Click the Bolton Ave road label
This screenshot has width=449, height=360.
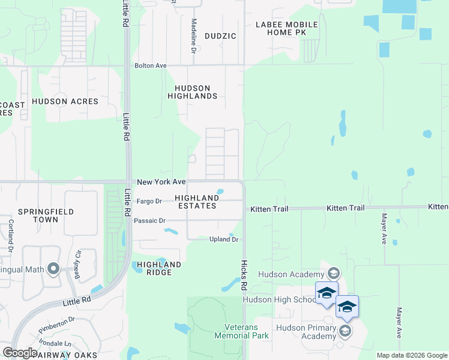click(151, 65)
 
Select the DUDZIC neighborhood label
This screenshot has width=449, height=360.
click(220, 36)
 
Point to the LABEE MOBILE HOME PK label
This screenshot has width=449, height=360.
click(286, 28)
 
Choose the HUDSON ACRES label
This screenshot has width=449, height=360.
click(65, 101)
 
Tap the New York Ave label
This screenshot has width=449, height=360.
click(161, 182)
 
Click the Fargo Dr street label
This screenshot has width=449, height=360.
click(149, 201)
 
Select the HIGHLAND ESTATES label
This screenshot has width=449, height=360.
click(197, 202)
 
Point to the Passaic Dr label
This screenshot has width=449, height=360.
click(149, 221)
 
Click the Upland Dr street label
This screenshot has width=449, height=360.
click(224, 239)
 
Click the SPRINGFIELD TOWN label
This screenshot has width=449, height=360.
click(46, 215)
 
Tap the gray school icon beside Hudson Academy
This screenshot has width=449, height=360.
click(334, 274)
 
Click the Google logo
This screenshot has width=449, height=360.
click(20, 353)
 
